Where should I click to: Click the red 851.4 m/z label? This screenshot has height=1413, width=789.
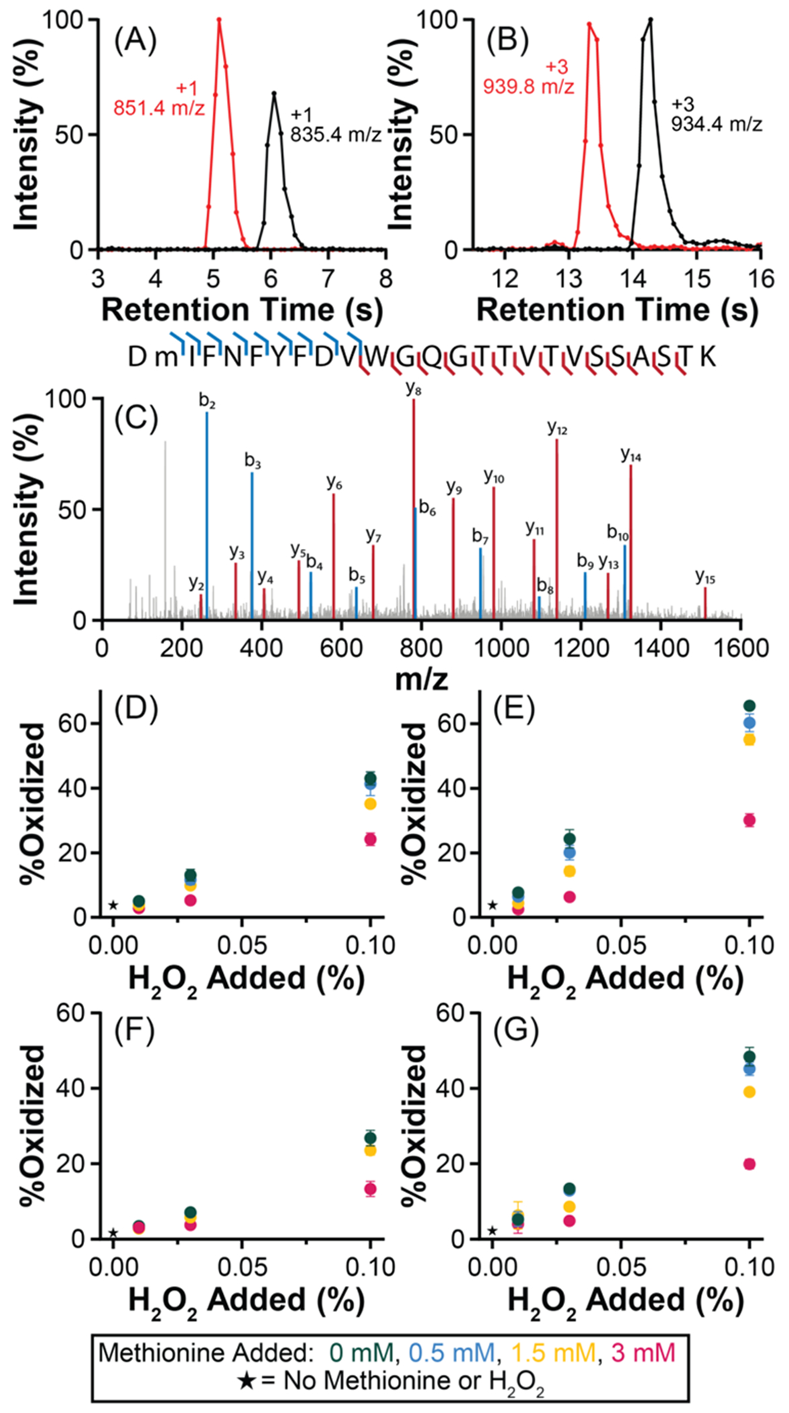[x=159, y=108]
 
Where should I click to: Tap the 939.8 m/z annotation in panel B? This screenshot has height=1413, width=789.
[x=528, y=87]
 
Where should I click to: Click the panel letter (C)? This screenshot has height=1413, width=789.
[x=136, y=420]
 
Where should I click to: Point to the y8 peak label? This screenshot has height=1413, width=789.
[x=413, y=388]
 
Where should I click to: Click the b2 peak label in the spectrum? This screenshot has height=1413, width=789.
[x=207, y=402]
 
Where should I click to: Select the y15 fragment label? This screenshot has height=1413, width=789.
[x=705, y=577]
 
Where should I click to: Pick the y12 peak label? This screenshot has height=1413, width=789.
[x=557, y=427]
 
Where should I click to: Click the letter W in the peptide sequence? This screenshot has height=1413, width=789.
[x=378, y=357]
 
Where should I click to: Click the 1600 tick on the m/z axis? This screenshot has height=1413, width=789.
[x=741, y=648]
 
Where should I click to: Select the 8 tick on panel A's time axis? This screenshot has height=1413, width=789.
[x=385, y=278]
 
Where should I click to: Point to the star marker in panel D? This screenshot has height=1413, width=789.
[x=113, y=905]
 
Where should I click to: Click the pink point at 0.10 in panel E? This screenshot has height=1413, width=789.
[x=749, y=820]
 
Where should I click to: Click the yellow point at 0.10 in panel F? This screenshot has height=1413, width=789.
[x=370, y=1150]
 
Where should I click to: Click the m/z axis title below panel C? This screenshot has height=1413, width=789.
[x=421, y=680]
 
